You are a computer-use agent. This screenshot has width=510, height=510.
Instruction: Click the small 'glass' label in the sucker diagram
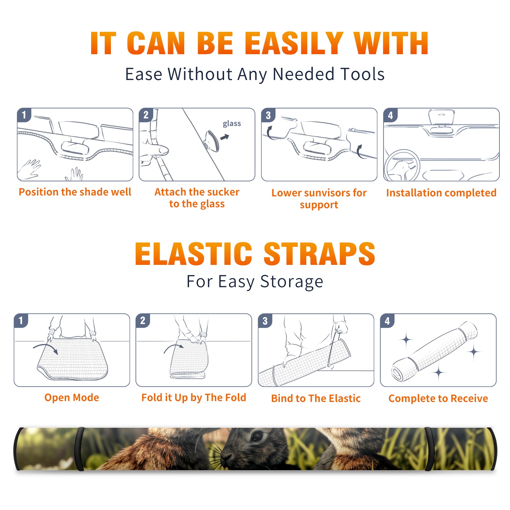232,124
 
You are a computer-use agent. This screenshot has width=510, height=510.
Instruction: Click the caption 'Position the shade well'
75,192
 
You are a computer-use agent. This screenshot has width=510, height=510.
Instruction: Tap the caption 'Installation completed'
441,193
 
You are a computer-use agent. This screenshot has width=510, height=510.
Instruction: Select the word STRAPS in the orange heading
319,254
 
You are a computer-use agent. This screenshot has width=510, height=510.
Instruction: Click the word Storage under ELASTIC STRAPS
292,282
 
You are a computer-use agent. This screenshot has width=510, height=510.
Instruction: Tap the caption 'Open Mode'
72,397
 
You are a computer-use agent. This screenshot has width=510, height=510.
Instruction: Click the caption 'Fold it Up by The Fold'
194,397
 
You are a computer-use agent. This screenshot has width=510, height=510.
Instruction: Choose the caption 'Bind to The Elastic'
316,398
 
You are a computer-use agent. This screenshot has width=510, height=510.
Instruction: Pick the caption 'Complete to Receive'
438,398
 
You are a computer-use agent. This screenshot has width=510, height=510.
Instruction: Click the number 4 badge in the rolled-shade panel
387,321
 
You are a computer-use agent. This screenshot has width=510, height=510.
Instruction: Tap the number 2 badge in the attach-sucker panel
146,115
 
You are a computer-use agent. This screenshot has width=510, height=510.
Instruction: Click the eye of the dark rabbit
257,436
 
